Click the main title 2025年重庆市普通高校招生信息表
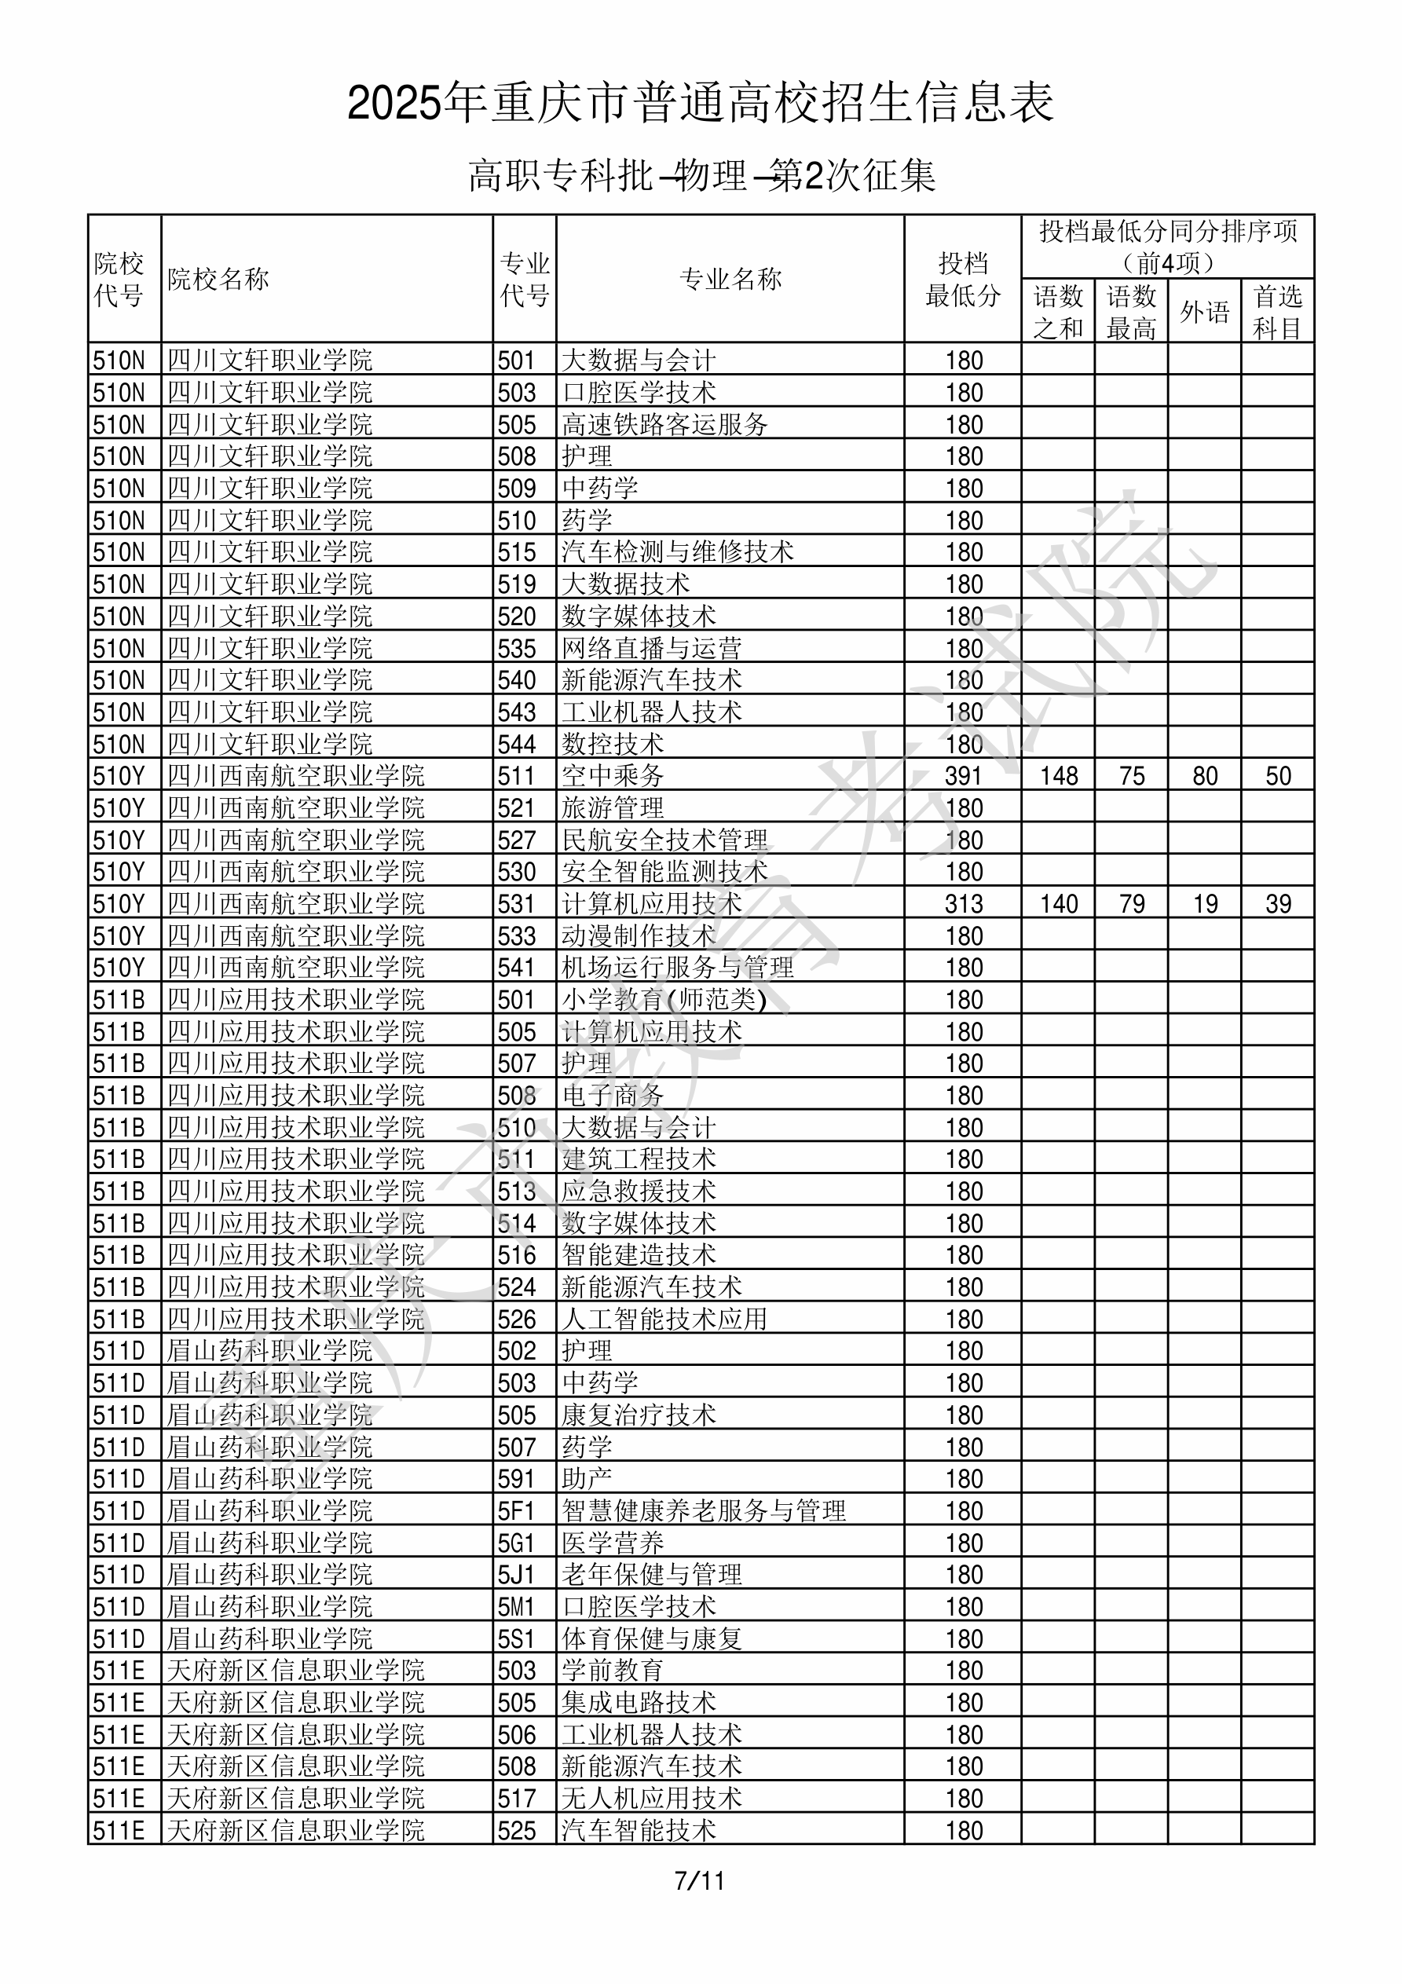pos(700,103)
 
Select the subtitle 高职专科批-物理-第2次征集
pos(701,175)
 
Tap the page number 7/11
pos(699,1880)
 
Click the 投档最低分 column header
pos(962,279)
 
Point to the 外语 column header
pos(1204,312)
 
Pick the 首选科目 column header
pos(1278,312)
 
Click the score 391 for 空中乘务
pos(964,776)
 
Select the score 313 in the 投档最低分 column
pos(964,904)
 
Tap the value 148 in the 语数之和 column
pos(1058,776)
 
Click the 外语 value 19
pos(1204,904)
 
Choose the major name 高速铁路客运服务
pos(664,424)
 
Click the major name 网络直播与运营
pos(651,648)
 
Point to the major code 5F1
pos(516,1511)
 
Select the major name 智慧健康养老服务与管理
pos(703,1511)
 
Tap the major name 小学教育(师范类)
pos(664,1000)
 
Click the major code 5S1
pos(516,1639)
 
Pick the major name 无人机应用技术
pos(651,1798)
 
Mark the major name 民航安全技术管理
pos(664,840)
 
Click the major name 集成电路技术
pos(638,1702)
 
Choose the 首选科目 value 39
pos(1278,904)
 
